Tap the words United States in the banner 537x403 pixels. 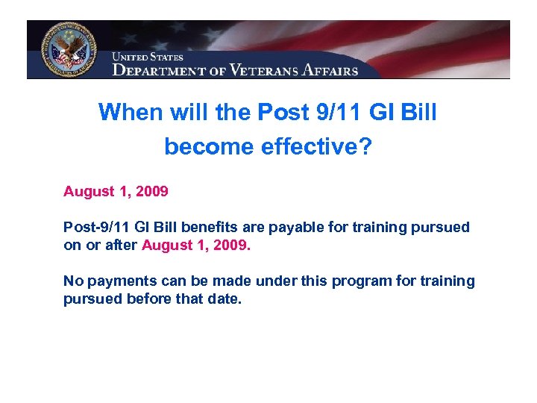[147, 57]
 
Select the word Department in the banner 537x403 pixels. [160, 70]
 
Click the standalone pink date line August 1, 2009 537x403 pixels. [116, 192]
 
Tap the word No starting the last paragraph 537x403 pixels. [72, 281]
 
